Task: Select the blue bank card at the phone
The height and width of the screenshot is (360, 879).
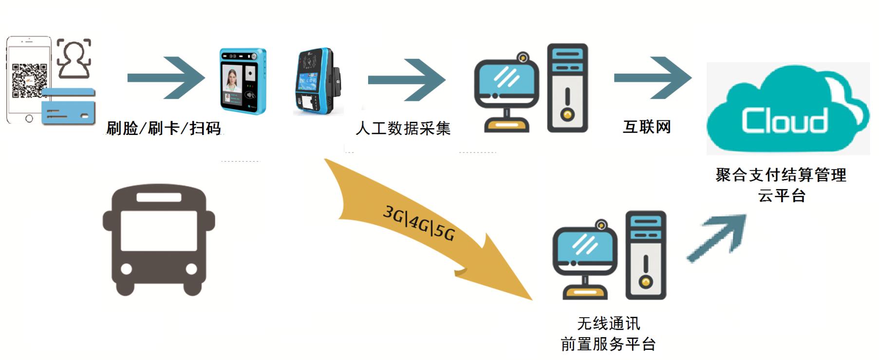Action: click(68, 106)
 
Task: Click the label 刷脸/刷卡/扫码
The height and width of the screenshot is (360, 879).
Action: click(164, 129)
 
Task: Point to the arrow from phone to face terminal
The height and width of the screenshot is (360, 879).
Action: click(166, 78)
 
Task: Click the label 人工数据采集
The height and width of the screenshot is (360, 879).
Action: click(403, 129)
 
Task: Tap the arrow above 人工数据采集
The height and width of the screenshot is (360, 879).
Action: click(407, 79)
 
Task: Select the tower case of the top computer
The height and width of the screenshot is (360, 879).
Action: click(567, 88)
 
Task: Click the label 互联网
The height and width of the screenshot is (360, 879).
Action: click(647, 127)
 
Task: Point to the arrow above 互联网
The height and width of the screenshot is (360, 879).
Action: click(653, 78)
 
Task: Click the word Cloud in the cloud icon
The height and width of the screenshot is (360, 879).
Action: click(784, 120)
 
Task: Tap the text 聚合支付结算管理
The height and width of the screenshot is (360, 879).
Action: click(781, 175)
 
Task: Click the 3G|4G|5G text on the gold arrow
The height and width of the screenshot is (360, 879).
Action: click(419, 223)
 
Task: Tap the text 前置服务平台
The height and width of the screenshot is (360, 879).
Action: click(608, 344)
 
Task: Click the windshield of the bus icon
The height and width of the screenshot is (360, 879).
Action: click(159, 230)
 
